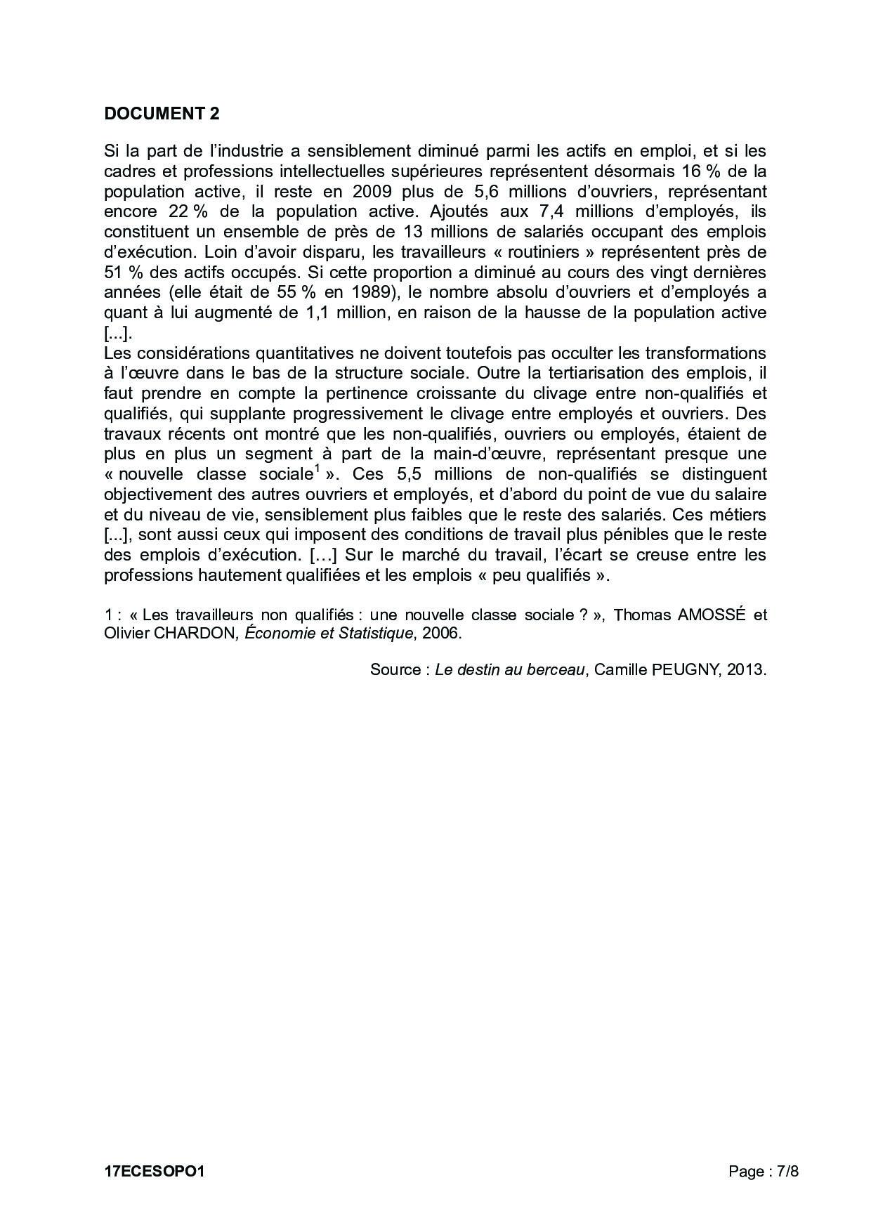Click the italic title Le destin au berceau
510,670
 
